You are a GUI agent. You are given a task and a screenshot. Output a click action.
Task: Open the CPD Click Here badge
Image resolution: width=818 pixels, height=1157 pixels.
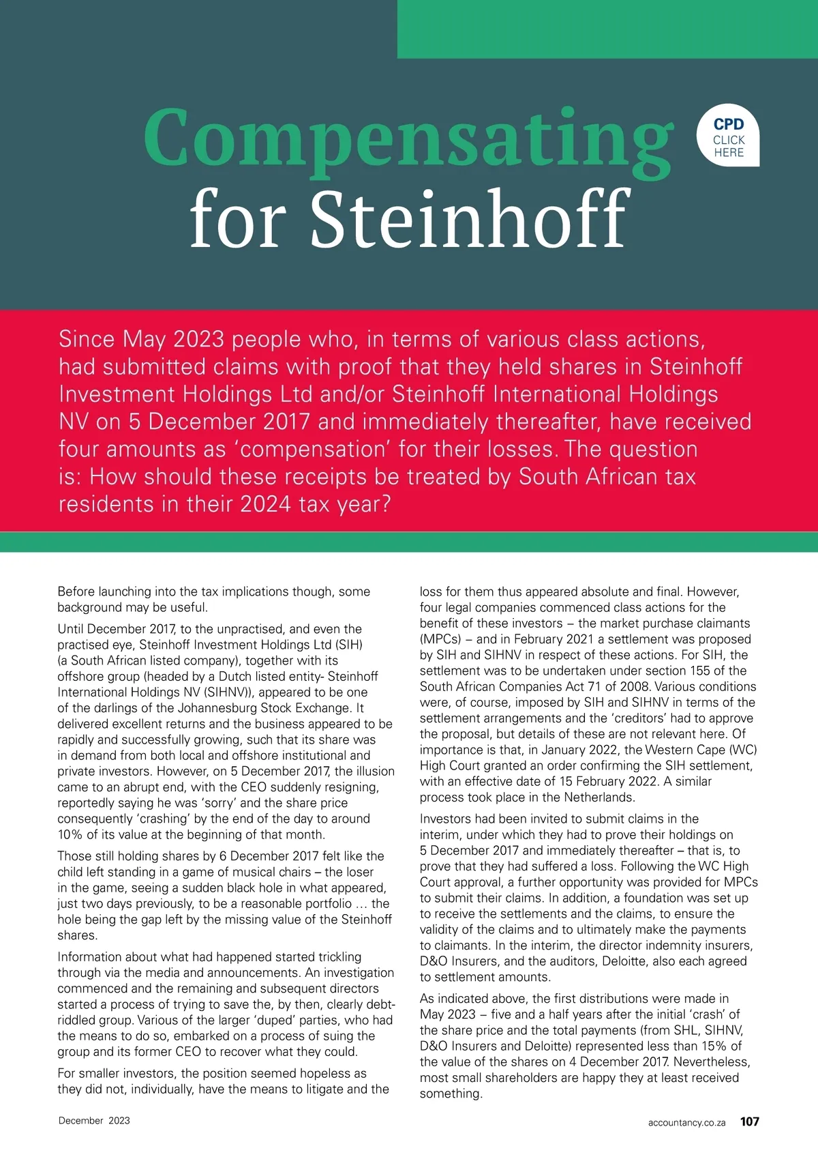(x=729, y=137)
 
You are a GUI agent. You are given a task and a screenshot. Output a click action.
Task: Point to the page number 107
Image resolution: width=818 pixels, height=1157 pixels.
(x=749, y=1122)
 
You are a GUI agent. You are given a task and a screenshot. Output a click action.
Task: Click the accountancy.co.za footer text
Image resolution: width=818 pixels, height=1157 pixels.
(x=686, y=1122)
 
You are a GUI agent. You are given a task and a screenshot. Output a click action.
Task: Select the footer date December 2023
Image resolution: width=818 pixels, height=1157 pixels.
(x=94, y=1120)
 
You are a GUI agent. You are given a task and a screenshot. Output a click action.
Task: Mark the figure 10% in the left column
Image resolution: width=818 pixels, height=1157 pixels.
(x=71, y=834)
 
